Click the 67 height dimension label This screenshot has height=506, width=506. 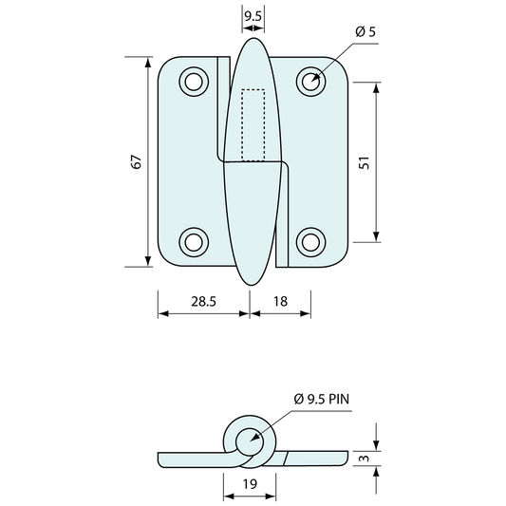(x=137, y=162)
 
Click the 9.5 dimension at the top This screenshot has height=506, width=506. (x=253, y=16)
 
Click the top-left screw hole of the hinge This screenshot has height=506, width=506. (x=194, y=81)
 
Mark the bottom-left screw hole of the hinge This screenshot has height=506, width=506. (x=194, y=241)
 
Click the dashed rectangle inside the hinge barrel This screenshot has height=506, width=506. (x=253, y=124)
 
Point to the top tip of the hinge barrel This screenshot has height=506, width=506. (x=253, y=40)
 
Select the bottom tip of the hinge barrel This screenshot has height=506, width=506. (x=253, y=283)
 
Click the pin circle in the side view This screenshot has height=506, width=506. (x=249, y=440)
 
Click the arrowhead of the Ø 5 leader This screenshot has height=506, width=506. (x=316, y=77)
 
